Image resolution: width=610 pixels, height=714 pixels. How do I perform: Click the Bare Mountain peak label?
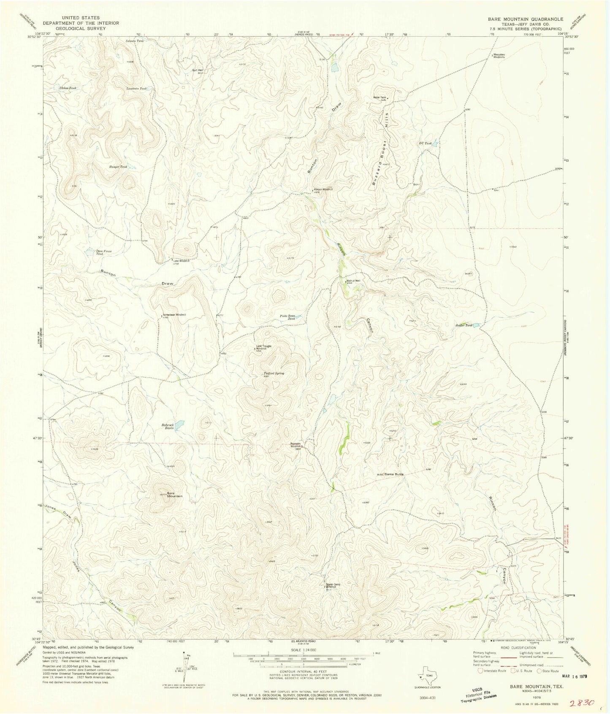174,495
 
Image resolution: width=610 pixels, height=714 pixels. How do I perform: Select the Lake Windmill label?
181,261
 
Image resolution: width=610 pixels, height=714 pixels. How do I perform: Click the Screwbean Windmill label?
174,315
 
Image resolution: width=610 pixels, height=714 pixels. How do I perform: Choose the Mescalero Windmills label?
499,56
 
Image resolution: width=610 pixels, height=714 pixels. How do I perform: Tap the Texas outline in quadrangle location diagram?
429,674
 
